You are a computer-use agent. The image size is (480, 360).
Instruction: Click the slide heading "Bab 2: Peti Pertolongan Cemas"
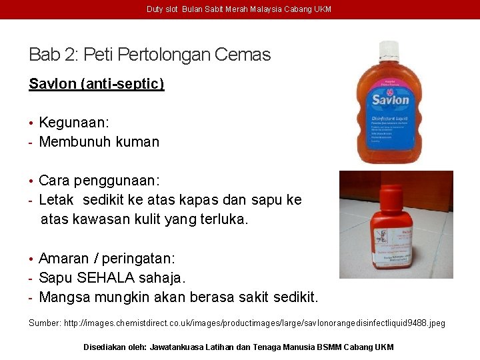(150, 55)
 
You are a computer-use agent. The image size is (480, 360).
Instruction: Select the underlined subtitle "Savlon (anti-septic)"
(96, 84)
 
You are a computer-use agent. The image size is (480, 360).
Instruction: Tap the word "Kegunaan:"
(74, 123)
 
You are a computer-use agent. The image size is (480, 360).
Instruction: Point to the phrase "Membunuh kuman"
(99, 141)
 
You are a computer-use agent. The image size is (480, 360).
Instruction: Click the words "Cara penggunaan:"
(99, 181)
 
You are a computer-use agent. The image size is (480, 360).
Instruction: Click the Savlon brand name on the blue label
(390, 100)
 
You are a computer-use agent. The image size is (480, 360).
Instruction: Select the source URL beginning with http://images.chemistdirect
(254, 323)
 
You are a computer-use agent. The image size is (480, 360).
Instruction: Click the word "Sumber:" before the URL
(45, 323)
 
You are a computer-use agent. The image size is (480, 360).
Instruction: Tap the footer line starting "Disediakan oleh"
(239, 347)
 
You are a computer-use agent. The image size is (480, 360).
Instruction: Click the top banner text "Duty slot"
(162, 9)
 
